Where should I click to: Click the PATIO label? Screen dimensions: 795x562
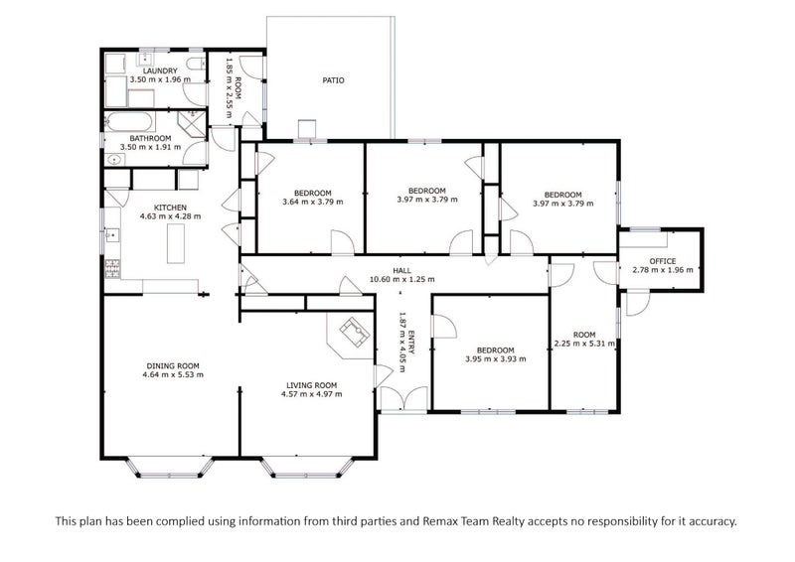pyautogui.click(x=333, y=80)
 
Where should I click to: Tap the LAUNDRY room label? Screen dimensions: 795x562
pyautogui.click(x=160, y=70)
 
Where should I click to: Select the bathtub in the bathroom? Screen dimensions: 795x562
pyautogui.click(x=129, y=122)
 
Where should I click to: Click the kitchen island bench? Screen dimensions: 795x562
pyautogui.click(x=176, y=243)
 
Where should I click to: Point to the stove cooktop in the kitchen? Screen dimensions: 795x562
pyautogui.click(x=112, y=268)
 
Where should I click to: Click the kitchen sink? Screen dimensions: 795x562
pyautogui.click(x=112, y=235)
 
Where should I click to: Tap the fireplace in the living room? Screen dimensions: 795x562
pyautogui.click(x=355, y=332)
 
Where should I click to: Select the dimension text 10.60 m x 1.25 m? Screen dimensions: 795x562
pyautogui.click(x=402, y=279)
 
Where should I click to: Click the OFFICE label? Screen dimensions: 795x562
pyautogui.click(x=662, y=261)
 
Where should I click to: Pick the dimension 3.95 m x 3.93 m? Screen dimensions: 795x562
pyautogui.click(x=495, y=358)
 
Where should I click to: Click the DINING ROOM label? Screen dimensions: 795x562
pyautogui.click(x=173, y=365)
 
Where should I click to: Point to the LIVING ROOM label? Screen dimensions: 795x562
pyautogui.click(x=311, y=385)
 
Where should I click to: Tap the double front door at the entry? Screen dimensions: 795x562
pyautogui.click(x=404, y=399)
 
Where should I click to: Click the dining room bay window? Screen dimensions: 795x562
pyautogui.click(x=169, y=467)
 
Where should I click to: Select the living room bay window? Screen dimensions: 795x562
pyautogui.click(x=307, y=467)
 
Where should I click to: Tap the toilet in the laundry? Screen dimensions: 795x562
pyautogui.click(x=195, y=64)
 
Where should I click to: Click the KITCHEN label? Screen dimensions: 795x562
pyautogui.click(x=170, y=208)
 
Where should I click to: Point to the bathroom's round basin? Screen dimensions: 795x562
pyautogui.click(x=115, y=160)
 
